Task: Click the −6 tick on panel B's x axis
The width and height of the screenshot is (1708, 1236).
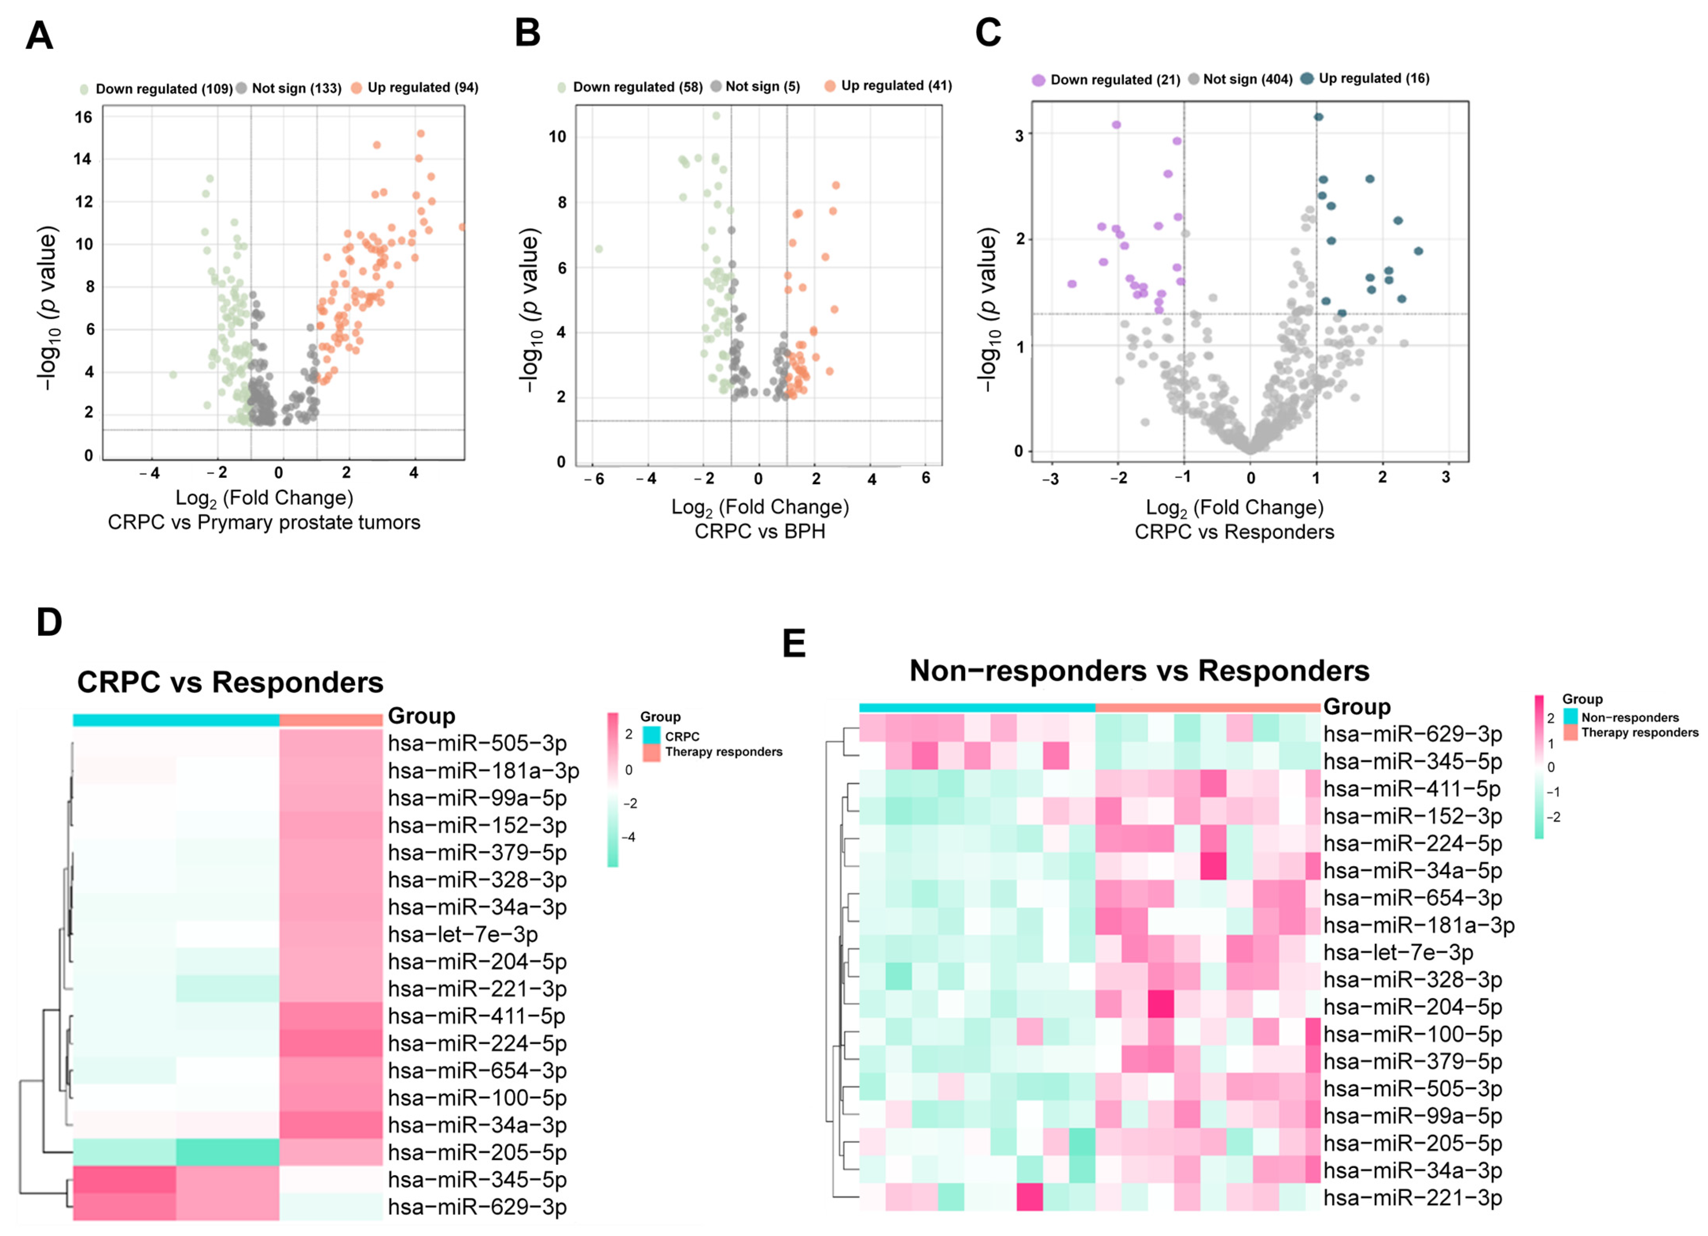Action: tap(594, 479)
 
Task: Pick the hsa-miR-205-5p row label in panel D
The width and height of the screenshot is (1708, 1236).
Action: tap(477, 1152)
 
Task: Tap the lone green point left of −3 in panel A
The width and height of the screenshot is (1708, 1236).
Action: tap(173, 374)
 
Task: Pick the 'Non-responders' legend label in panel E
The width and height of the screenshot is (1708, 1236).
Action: tap(1630, 717)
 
